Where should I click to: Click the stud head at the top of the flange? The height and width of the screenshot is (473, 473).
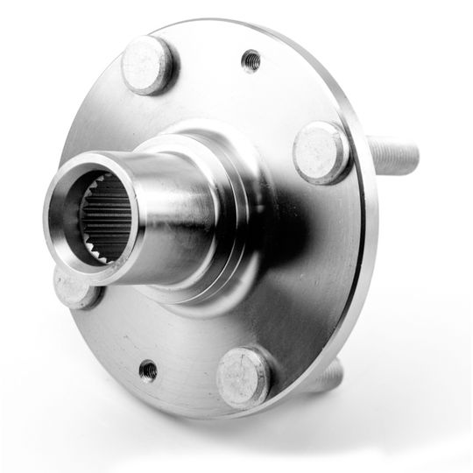pos(147,66)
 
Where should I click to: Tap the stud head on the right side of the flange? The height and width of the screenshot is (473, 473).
pos(321,150)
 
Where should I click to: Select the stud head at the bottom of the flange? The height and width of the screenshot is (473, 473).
pos(243,378)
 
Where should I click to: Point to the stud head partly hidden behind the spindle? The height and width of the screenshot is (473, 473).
pos(74,288)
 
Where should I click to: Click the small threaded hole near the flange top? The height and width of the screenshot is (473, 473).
pos(251,60)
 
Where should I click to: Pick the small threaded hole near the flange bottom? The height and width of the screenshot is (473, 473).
pos(148,371)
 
